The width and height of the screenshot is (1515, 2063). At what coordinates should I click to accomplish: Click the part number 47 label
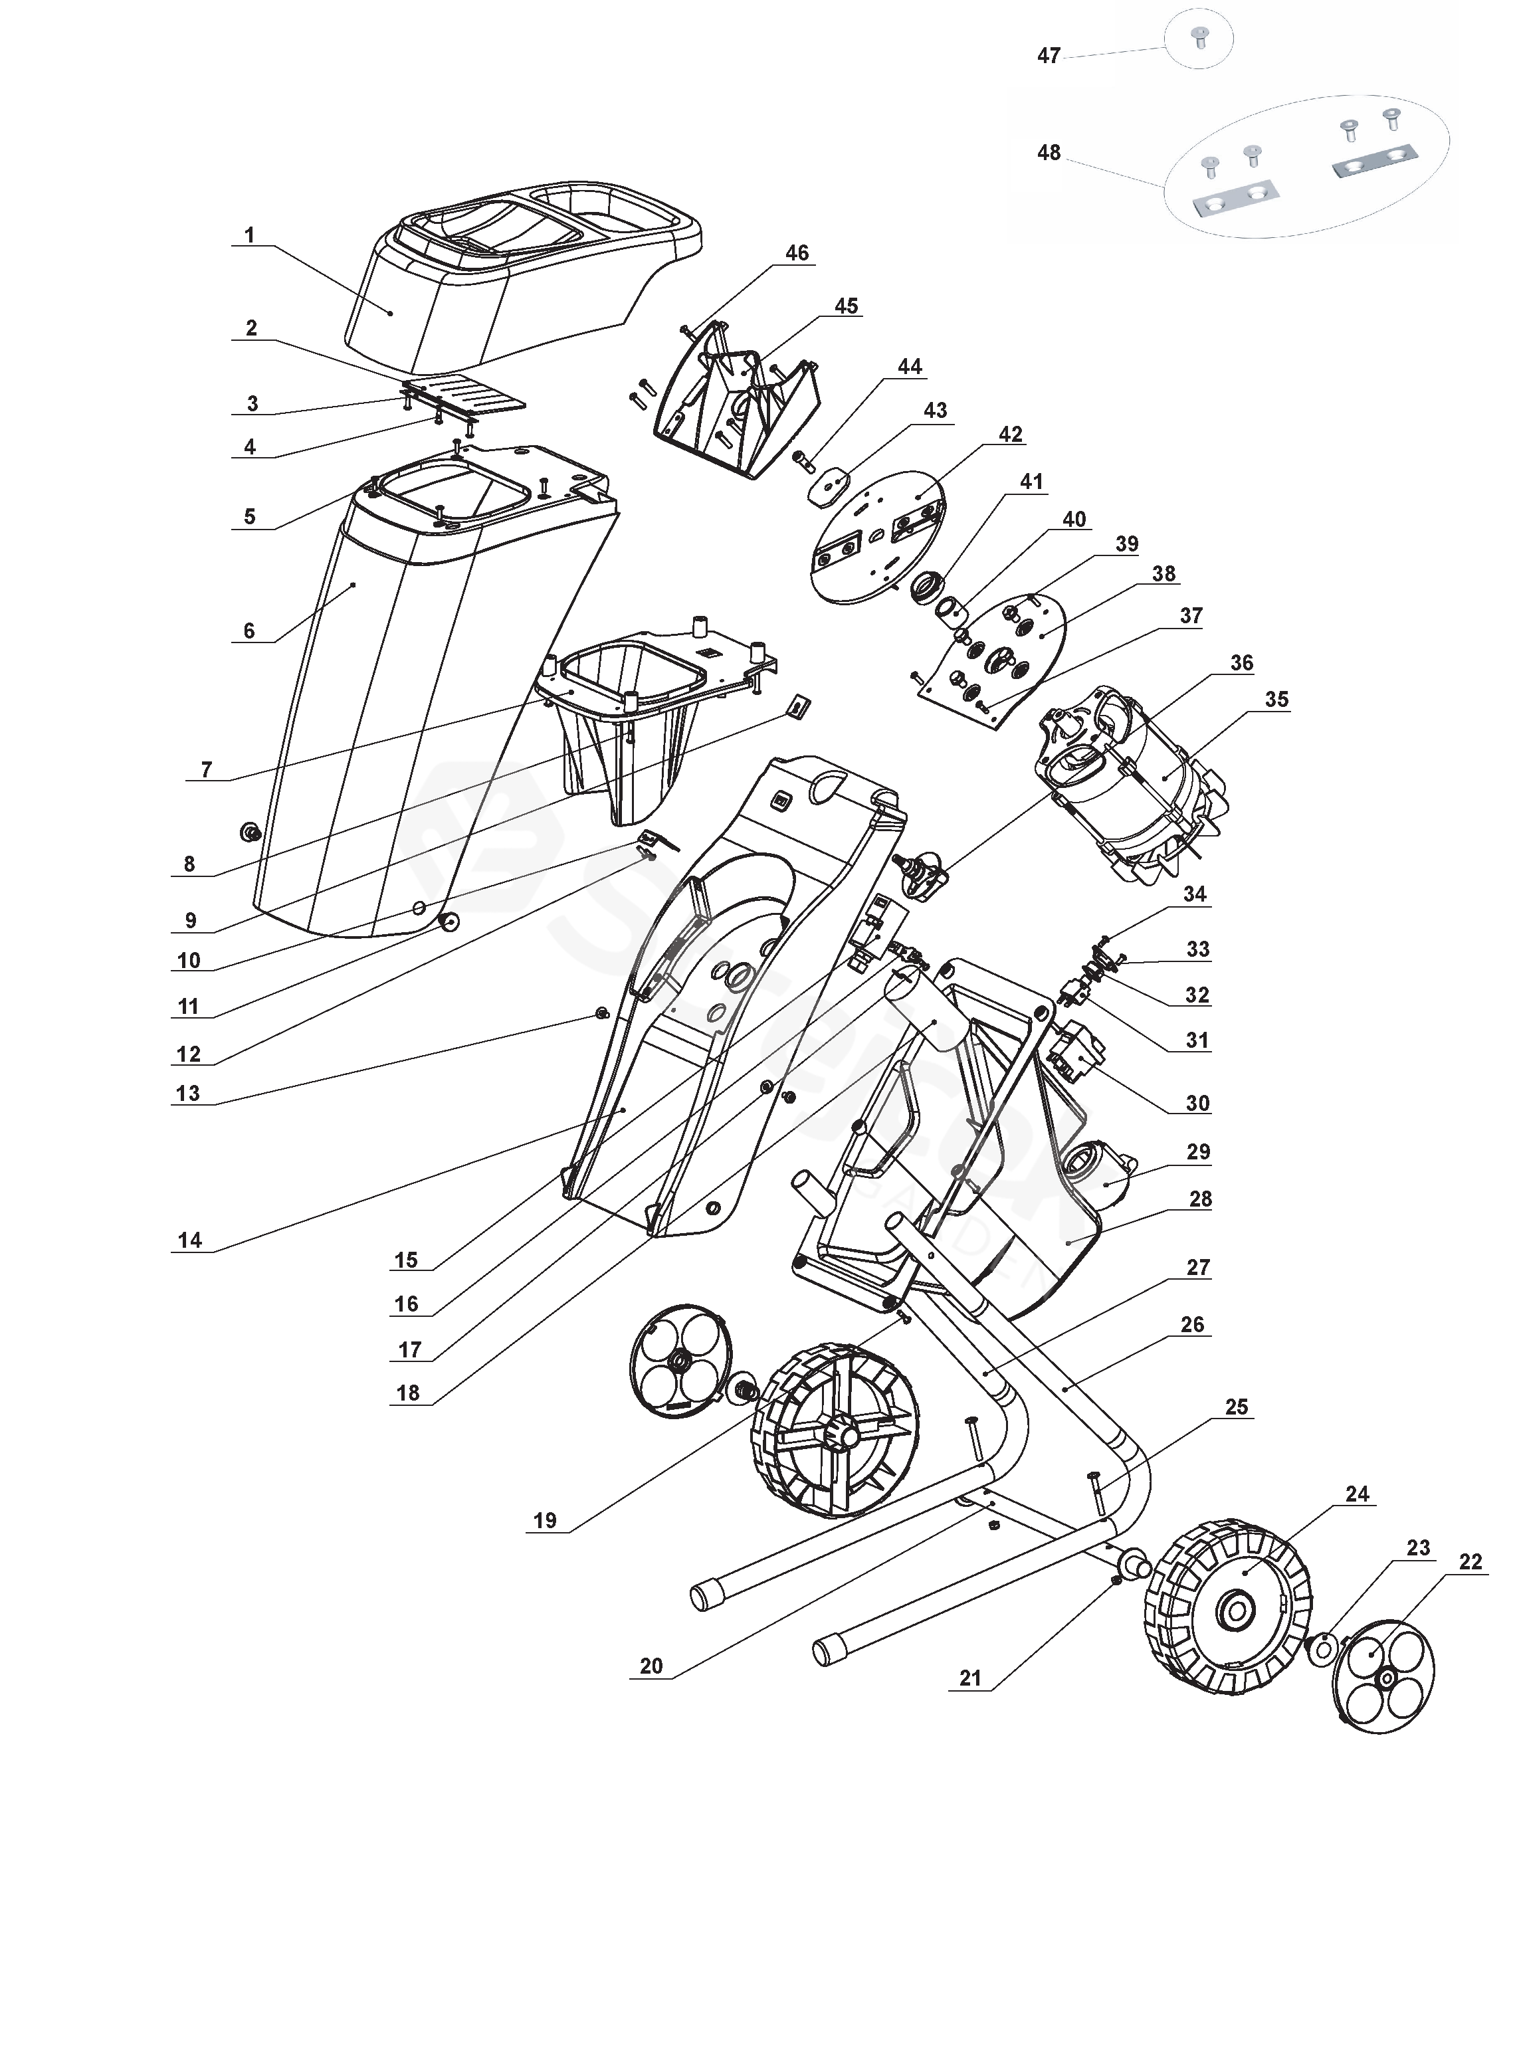coord(1049,56)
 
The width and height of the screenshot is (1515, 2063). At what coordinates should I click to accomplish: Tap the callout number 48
coord(1049,152)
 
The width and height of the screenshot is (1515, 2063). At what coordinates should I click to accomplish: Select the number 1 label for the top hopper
coord(249,236)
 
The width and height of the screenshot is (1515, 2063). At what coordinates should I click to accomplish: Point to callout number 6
coord(249,631)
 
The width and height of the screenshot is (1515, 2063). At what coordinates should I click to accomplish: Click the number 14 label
coord(190,1240)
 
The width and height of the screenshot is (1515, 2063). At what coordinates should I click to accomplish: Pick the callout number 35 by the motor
coord(1276,700)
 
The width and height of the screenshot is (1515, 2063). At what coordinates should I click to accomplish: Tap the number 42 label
coord(1011,434)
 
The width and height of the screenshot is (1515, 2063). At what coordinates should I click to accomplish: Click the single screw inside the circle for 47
coord(1199,39)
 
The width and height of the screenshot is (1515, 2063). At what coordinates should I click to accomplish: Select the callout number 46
coord(797,253)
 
